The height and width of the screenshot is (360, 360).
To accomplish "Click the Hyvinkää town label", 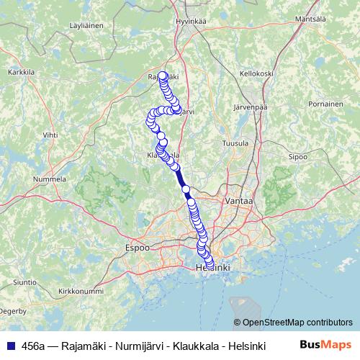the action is coord(191,21).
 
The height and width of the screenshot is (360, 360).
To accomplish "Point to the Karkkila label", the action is coord(22,73).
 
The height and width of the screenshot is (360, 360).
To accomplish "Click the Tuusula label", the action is coord(235,143).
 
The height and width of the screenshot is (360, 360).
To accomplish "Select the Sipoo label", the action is coord(297,156).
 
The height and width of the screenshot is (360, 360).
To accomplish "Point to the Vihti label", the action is coord(50,135).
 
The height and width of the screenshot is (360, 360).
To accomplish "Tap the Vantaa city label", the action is coord(238,202).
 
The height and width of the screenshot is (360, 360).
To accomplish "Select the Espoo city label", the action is coord(138,247).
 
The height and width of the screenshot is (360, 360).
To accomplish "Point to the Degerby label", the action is coord(14,311).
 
